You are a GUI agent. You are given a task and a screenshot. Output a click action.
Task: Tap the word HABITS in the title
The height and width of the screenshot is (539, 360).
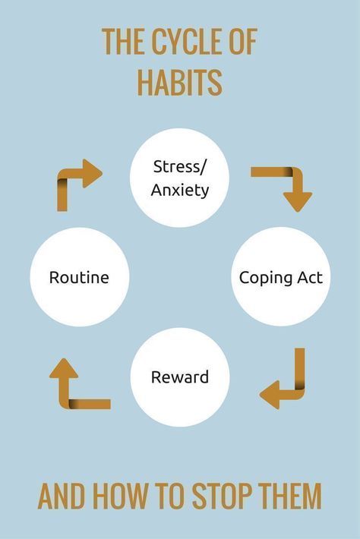(x=180, y=83)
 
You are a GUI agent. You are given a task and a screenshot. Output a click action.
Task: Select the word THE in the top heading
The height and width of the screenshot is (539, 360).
(x=123, y=42)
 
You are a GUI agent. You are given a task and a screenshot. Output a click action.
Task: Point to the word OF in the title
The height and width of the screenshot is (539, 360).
(x=244, y=42)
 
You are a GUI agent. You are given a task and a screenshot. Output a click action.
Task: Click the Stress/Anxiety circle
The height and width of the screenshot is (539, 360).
(x=179, y=178)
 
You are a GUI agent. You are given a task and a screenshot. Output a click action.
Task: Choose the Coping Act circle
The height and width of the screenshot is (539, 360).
(x=280, y=277)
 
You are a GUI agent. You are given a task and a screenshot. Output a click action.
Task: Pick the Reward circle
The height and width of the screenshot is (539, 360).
(x=180, y=377)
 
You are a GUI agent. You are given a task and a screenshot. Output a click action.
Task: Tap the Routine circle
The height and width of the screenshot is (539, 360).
(x=80, y=277)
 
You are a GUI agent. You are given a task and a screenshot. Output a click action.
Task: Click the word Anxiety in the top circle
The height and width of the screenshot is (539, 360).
(x=180, y=190)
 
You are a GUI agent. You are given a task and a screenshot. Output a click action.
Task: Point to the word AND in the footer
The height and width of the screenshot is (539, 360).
(x=62, y=496)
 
